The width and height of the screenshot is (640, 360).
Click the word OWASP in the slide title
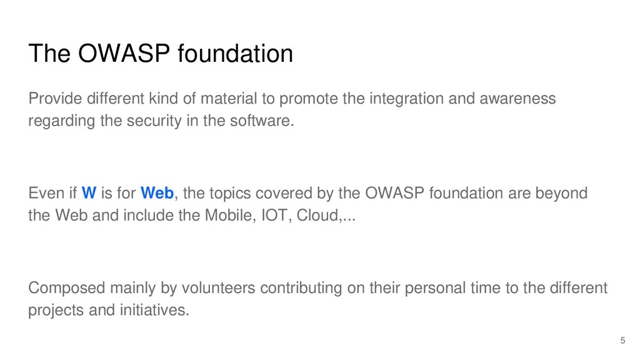point(124,54)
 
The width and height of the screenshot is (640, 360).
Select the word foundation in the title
point(235,54)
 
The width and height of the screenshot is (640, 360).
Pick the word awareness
point(517,98)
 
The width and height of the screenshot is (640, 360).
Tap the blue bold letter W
point(89,193)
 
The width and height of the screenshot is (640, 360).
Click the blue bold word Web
point(157,193)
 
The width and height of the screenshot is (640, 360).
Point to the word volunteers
point(218,287)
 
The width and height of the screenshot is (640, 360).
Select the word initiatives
point(154,310)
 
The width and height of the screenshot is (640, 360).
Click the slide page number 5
point(622,341)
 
